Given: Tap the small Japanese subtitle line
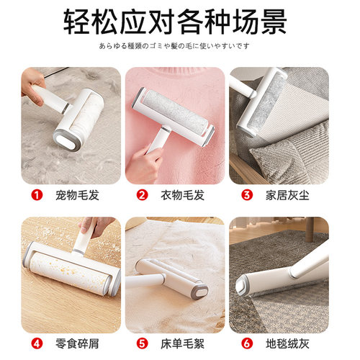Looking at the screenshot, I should pos(179,47).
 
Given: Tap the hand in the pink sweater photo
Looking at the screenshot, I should pos(143,164).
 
